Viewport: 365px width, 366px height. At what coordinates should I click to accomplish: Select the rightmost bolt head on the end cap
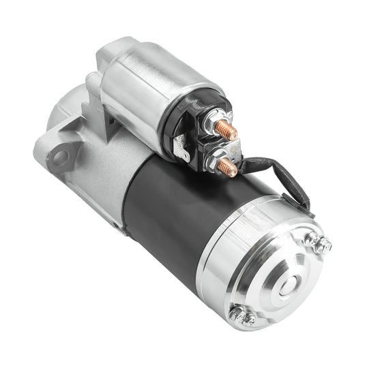(x=325, y=243)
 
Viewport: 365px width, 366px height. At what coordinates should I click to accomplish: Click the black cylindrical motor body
(x=171, y=218)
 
